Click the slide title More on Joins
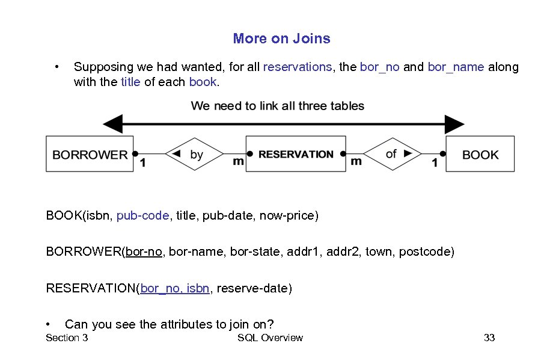pos(281,39)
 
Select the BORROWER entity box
pos(90,155)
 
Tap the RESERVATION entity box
pos(296,154)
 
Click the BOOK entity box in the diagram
pos(480,155)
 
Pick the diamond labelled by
pos(194,154)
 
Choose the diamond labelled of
pos(394,154)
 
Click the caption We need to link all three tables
pos(277,106)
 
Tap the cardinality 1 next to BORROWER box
pos(142,163)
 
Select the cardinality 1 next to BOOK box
pos(435,163)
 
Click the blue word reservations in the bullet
pos(298,67)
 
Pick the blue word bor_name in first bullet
pos(456,67)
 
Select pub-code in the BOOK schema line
pos(142,215)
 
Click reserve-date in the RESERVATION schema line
pos(254,288)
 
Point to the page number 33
pos(489,338)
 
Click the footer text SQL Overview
pos(270,338)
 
